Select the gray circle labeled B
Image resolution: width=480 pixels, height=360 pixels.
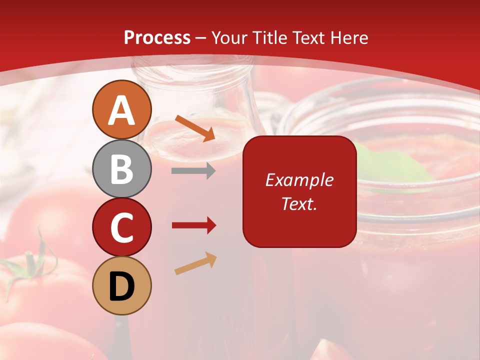(x=122, y=168)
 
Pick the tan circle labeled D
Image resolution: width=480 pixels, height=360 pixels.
(x=122, y=285)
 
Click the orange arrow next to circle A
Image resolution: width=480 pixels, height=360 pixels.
(x=195, y=127)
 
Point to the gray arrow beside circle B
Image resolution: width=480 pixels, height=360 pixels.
(x=193, y=171)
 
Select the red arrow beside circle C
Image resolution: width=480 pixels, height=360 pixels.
(x=194, y=225)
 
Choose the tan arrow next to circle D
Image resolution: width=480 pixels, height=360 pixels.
(x=196, y=263)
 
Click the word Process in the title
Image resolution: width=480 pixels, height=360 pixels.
(x=157, y=37)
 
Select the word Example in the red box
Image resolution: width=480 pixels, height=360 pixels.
(x=299, y=180)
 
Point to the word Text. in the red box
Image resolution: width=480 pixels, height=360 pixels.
(x=299, y=203)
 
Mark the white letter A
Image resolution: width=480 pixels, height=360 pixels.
(x=122, y=110)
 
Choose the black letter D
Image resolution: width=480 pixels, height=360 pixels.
(x=122, y=286)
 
